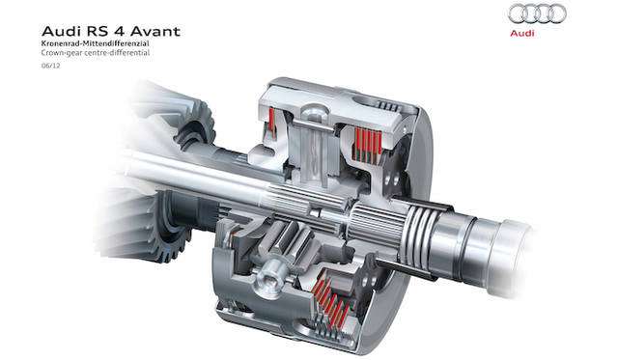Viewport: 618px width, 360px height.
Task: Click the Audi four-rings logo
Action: pos(537,14)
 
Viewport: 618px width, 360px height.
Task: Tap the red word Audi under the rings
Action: pos(522,33)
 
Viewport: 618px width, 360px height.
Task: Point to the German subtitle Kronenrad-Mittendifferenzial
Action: pos(96,43)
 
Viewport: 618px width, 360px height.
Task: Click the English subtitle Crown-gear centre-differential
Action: pos(96,52)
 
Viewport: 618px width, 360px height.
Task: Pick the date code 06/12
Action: pos(51,66)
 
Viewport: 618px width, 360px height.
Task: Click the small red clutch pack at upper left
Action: pos(272,120)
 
